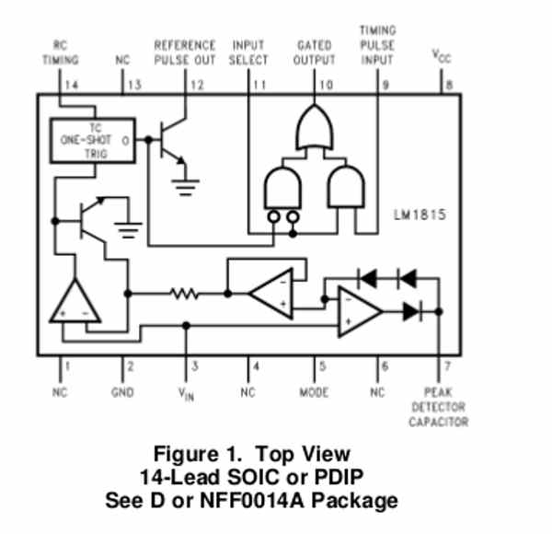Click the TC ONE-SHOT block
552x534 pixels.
(93, 141)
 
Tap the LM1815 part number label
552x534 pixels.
(420, 215)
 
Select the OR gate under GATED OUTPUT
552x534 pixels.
(315, 127)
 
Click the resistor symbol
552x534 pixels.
(184, 294)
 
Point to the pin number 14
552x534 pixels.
(72, 85)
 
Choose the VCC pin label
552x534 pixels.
(442, 56)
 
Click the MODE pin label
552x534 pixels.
(314, 392)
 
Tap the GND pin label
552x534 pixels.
(122, 392)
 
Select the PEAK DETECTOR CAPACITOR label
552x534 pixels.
(438, 407)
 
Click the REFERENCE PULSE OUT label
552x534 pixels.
(185, 52)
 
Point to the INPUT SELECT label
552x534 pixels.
(248, 52)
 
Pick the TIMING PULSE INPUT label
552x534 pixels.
(377, 45)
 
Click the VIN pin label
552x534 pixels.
(186, 394)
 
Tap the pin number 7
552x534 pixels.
(447, 366)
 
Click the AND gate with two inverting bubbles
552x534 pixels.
(282, 194)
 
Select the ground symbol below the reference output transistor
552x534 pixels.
(185, 188)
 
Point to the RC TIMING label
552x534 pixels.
(60, 52)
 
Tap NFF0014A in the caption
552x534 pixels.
(252, 500)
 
